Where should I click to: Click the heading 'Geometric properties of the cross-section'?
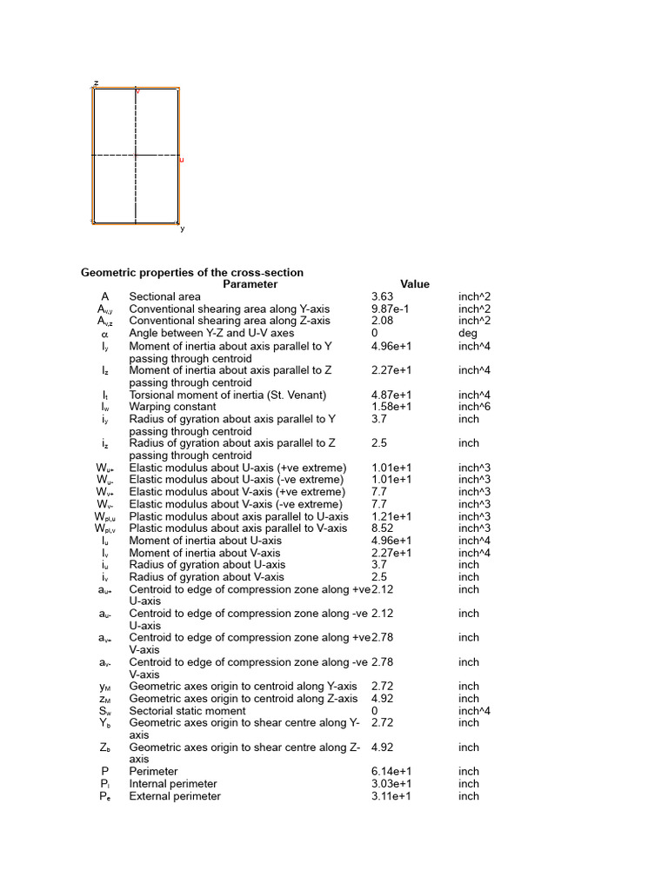[192, 273]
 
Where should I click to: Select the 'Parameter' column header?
[250, 284]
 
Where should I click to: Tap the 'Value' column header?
[415, 284]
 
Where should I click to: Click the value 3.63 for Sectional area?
[382, 296]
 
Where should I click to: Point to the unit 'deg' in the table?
[468, 333]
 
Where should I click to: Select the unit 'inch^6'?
[475, 406]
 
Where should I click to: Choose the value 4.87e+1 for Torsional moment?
[391, 395]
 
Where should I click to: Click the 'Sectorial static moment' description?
[188, 711]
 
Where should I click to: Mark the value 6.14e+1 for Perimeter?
[391, 772]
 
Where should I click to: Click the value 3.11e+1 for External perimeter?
[391, 796]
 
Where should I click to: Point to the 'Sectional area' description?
[165, 296]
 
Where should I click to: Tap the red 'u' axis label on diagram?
[182, 160]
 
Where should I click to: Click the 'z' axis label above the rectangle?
[96, 83]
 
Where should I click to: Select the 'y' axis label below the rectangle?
[183, 229]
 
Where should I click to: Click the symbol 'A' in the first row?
[104, 296]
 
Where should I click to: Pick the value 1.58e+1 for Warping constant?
[391, 406]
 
